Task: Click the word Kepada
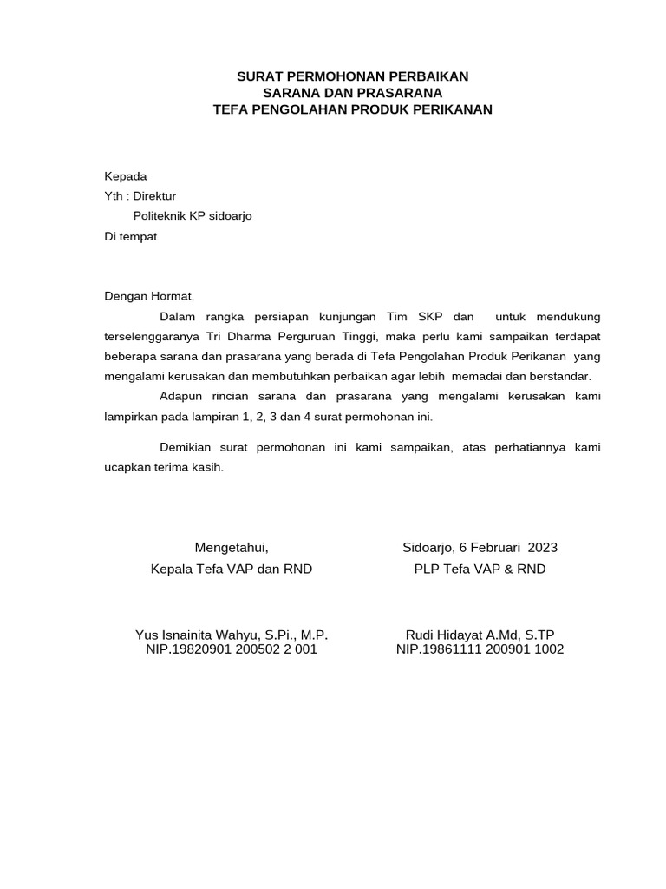point(126,175)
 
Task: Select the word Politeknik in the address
point(160,216)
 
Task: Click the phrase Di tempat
point(131,236)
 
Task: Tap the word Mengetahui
point(231,548)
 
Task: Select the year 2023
point(542,548)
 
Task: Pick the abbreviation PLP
point(428,570)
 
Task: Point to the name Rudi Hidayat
point(442,635)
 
